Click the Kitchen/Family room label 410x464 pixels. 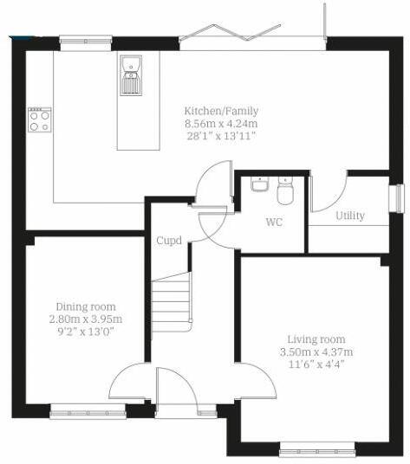[x=220, y=111]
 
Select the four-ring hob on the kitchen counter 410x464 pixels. [x=39, y=119]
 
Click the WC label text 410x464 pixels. [x=274, y=222]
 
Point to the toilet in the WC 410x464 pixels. [x=287, y=188]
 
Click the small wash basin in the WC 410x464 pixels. [x=259, y=185]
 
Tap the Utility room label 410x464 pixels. [x=350, y=216]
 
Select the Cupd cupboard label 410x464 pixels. [x=169, y=241]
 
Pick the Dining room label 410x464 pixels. [x=85, y=306]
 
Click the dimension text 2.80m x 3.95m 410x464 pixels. [x=85, y=319]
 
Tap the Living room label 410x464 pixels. [x=317, y=339]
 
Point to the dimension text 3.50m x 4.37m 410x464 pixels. [x=317, y=352]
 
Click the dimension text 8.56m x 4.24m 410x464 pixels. [x=220, y=124]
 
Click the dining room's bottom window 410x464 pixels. [x=81, y=413]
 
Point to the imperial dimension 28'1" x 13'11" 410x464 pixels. [x=220, y=137]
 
